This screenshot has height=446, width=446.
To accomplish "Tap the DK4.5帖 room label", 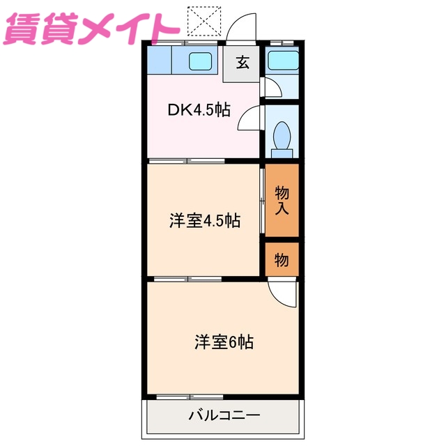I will click(199, 110).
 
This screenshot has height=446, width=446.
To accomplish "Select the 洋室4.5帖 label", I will click(205, 221).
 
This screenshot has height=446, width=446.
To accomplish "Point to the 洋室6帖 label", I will click(223, 342).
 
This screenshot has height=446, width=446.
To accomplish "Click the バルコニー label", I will click(223, 416).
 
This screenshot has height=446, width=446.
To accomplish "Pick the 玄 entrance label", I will click(242, 63).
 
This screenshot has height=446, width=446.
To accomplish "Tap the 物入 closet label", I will click(282, 200).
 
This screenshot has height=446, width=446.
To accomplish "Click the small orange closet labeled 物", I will click(282, 260).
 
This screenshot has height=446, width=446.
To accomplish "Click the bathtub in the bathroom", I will click(282, 61).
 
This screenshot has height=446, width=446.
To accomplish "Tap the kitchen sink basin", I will click(202, 61).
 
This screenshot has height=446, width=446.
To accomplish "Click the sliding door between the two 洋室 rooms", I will click(188, 279).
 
